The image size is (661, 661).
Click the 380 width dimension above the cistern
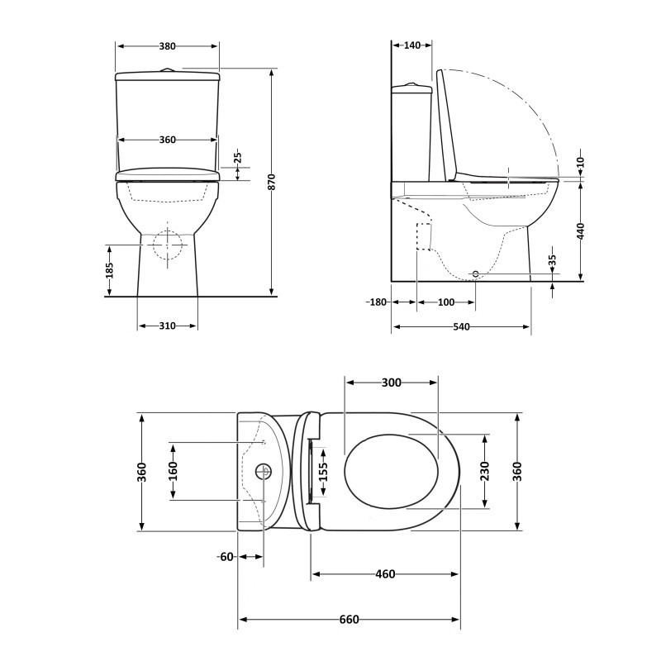point(167,46)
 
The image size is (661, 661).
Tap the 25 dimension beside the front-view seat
point(237,156)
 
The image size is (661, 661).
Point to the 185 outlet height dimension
point(108,269)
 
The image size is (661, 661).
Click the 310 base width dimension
point(167,326)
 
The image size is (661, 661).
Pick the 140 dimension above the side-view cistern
point(412,46)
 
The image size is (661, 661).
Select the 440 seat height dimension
point(581,231)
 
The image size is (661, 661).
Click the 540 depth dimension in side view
point(461,327)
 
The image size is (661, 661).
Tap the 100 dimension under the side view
point(445,302)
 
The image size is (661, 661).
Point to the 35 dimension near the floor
point(553,261)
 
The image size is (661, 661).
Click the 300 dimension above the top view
point(392,383)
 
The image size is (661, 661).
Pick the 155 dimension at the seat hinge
point(323,471)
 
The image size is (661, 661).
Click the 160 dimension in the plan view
point(173,471)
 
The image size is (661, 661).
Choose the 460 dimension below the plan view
point(385,574)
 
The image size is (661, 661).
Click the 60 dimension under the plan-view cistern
point(226,557)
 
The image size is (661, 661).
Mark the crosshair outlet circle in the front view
point(168,245)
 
